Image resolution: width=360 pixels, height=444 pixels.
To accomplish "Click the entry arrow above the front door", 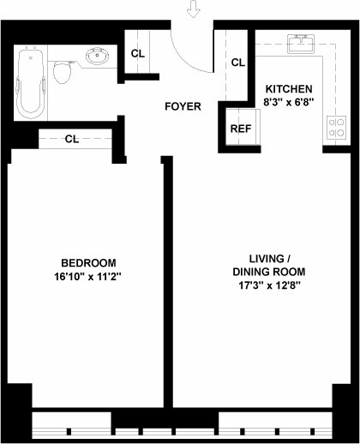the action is (193, 9).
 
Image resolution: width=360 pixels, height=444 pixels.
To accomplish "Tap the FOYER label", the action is (183, 106).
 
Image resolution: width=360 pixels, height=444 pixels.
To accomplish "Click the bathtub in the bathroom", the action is (31, 84).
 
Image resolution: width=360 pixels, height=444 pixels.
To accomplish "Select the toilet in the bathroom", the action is (62, 72).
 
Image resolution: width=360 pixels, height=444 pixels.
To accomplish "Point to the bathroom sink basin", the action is (98, 56).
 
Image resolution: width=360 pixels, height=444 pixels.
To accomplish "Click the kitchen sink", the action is (301, 44).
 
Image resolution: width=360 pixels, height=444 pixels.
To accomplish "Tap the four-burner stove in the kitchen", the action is (336, 128).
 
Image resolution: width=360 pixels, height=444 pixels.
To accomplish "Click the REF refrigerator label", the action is (241, 129).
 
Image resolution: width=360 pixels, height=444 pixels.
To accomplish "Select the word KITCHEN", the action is (289, 89).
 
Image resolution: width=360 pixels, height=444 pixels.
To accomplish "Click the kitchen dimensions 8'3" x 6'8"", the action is (289, 102).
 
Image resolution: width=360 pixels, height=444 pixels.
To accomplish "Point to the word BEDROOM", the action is (88, 263).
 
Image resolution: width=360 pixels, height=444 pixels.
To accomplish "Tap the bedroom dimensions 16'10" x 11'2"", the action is (88, 276).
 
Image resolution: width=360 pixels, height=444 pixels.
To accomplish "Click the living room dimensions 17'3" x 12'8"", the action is (269, 285).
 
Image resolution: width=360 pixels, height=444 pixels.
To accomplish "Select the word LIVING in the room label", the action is (267, 259).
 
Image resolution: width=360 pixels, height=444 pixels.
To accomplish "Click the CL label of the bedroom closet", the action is (72, 139).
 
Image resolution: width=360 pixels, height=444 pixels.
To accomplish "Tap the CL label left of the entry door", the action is (138, 53).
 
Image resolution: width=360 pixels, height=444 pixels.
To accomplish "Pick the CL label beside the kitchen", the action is (237, 63).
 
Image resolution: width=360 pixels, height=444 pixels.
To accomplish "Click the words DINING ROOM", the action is (269, 272).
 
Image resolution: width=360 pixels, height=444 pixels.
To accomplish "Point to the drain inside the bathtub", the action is (31, 57).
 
